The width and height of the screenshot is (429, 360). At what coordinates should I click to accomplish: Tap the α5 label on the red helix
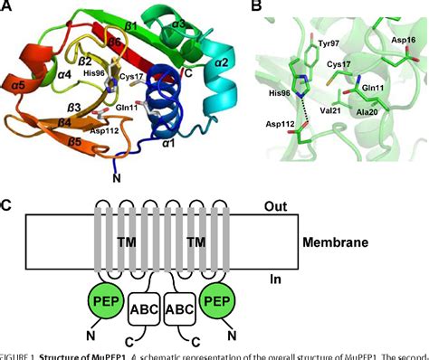pyautogui.click(x=15, y=89)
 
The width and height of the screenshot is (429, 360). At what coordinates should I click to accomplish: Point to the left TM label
pyautogui.click(x=127, y=244)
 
